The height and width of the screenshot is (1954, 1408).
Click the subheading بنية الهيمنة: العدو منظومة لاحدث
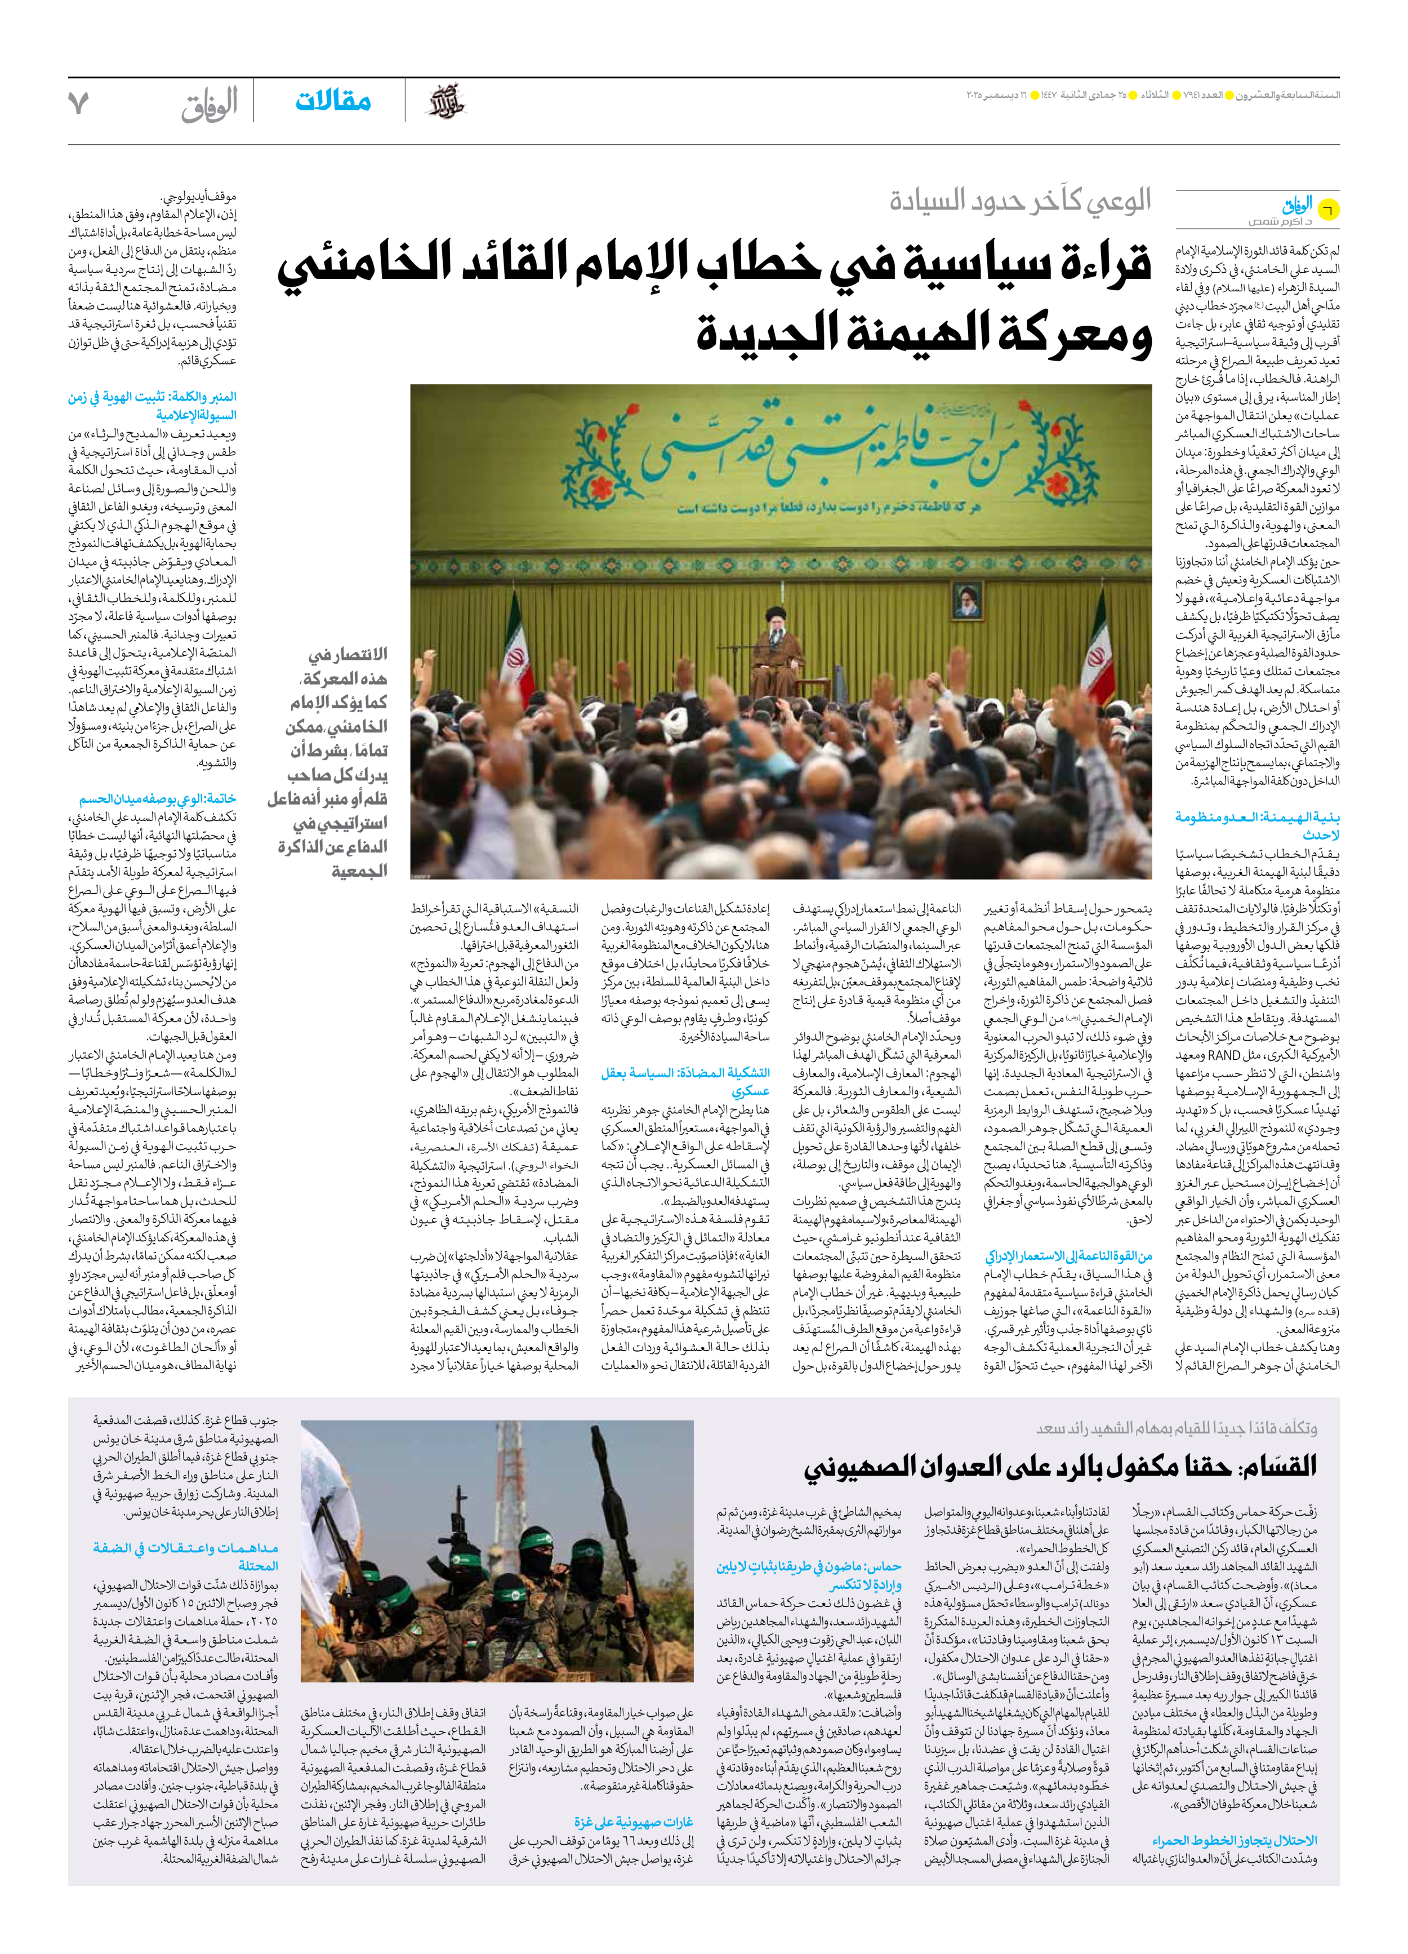(1257, 825)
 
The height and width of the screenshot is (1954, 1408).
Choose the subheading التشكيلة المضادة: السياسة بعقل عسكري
(685, 1082)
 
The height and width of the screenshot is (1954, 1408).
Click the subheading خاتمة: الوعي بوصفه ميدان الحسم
(158, 798)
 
